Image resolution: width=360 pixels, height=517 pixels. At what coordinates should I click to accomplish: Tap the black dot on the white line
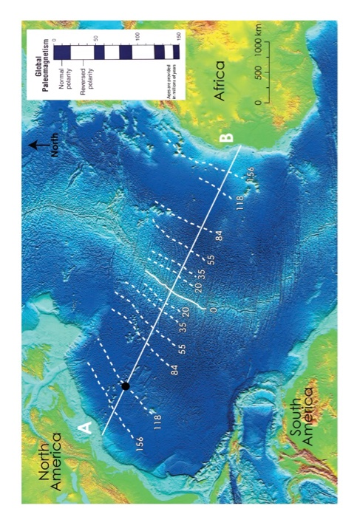tap(126, 386)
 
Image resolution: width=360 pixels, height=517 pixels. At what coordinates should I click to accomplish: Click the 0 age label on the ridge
tap(213, 311)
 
